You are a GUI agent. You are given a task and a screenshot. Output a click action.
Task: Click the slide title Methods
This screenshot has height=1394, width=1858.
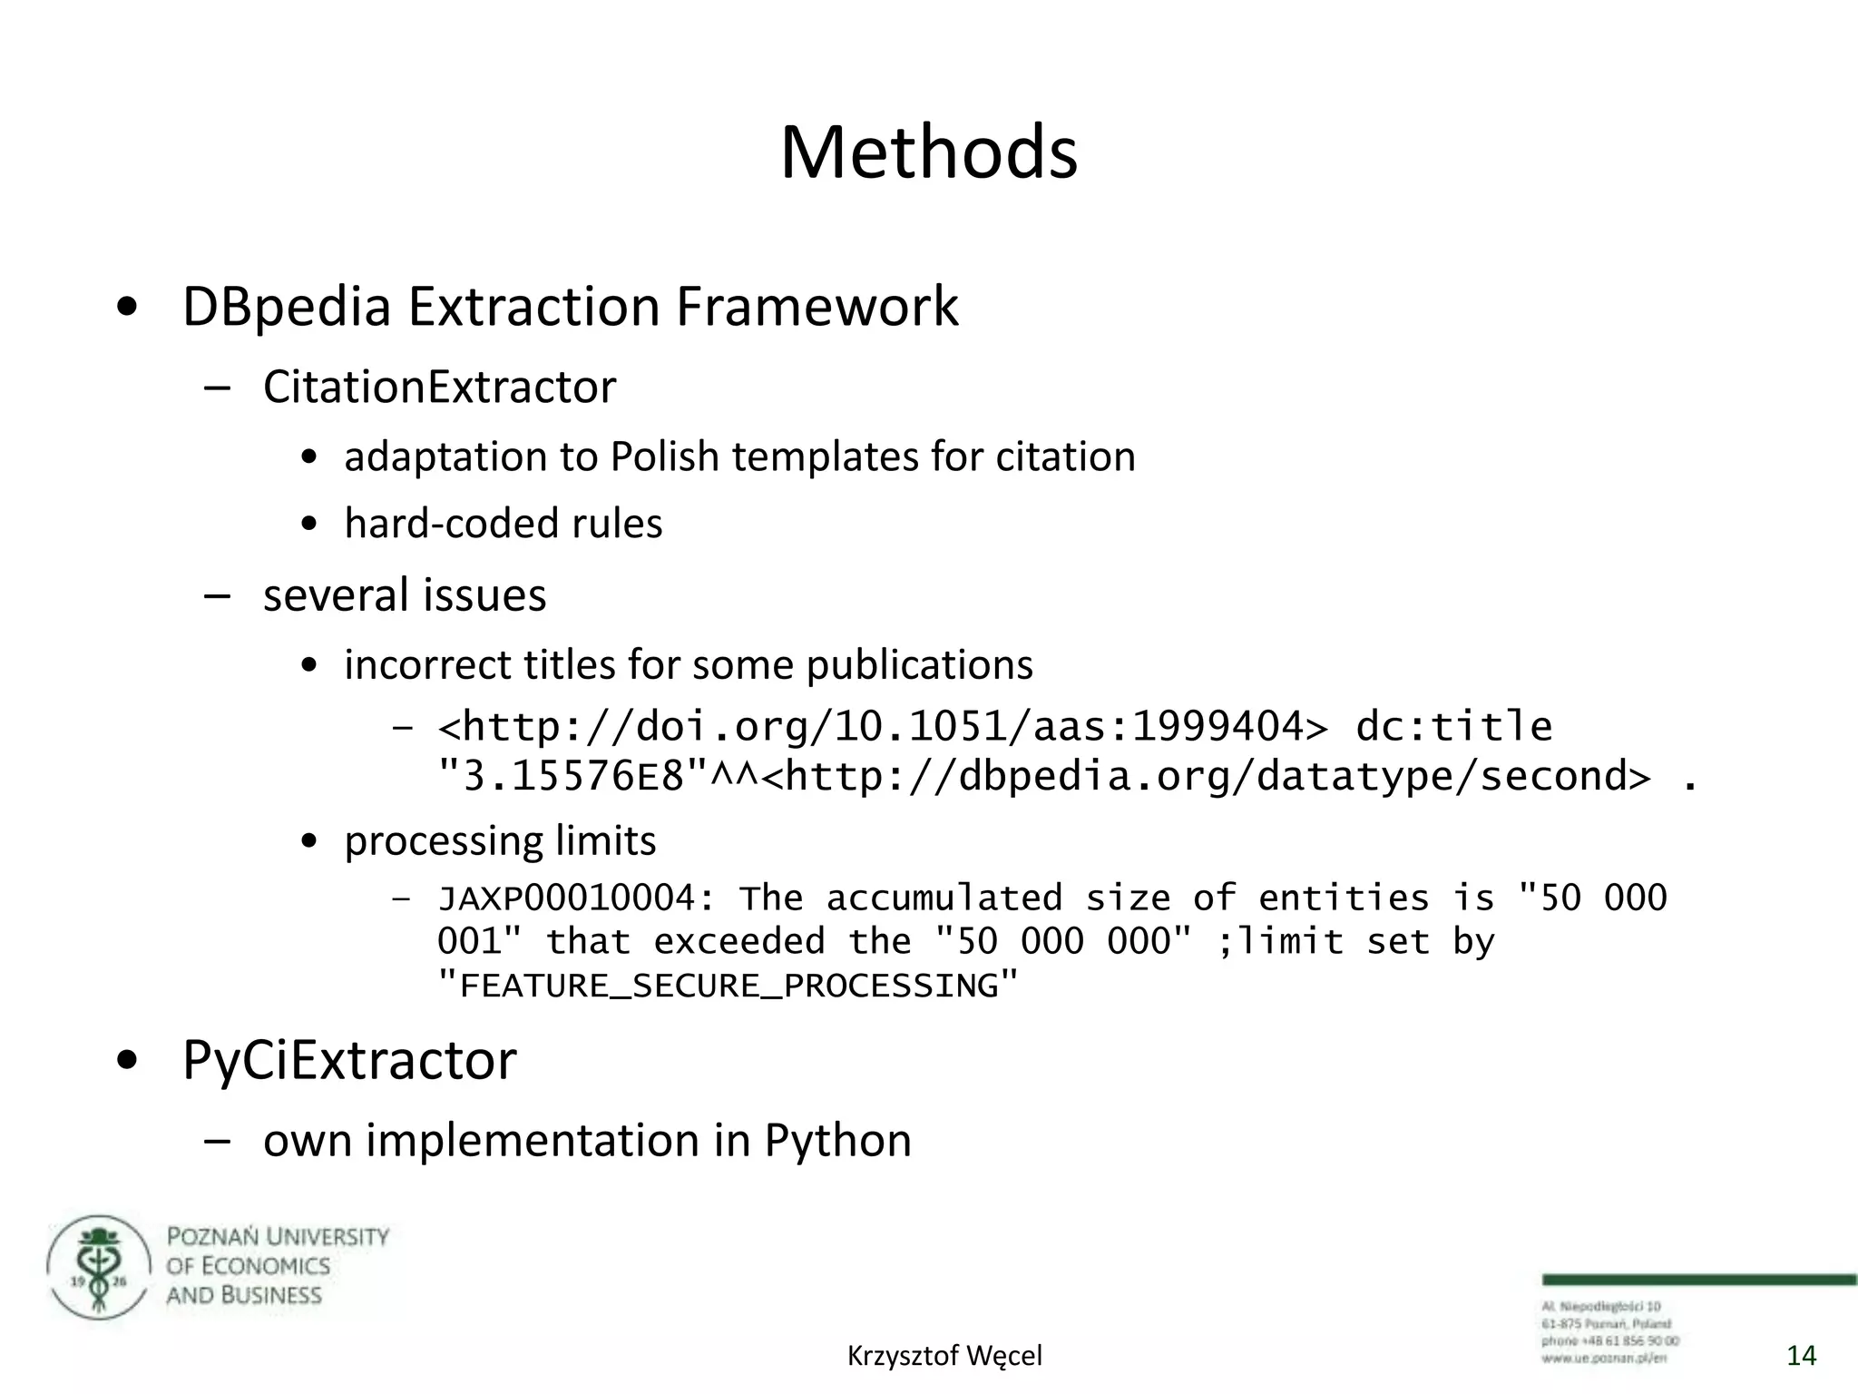[x=928, y=152]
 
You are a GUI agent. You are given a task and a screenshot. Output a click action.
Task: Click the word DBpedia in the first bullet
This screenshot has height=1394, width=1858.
[x=287, y=307]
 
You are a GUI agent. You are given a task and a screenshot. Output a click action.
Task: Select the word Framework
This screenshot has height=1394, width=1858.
[x=817, y=307]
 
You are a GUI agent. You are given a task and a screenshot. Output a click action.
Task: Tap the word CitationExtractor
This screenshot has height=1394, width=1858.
[x=439, y=388]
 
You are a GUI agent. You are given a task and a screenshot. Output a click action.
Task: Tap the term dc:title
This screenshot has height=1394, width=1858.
[x=1453, y=726]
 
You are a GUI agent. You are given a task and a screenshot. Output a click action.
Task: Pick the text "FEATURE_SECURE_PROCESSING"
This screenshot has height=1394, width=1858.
[x=728, y=986]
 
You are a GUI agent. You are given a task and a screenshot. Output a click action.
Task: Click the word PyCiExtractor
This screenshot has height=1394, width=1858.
[x=349, y=1060]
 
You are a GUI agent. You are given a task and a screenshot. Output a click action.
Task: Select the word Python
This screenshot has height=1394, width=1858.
[x=837, y=1141]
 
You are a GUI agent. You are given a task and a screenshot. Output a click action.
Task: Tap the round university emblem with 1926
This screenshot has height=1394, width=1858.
[x=98, y=1267]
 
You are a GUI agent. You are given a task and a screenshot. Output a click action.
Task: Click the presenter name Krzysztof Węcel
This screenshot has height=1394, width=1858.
[x=944, y=1356]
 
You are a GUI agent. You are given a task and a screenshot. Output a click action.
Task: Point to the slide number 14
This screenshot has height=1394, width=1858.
[x=1801, y=1356]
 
